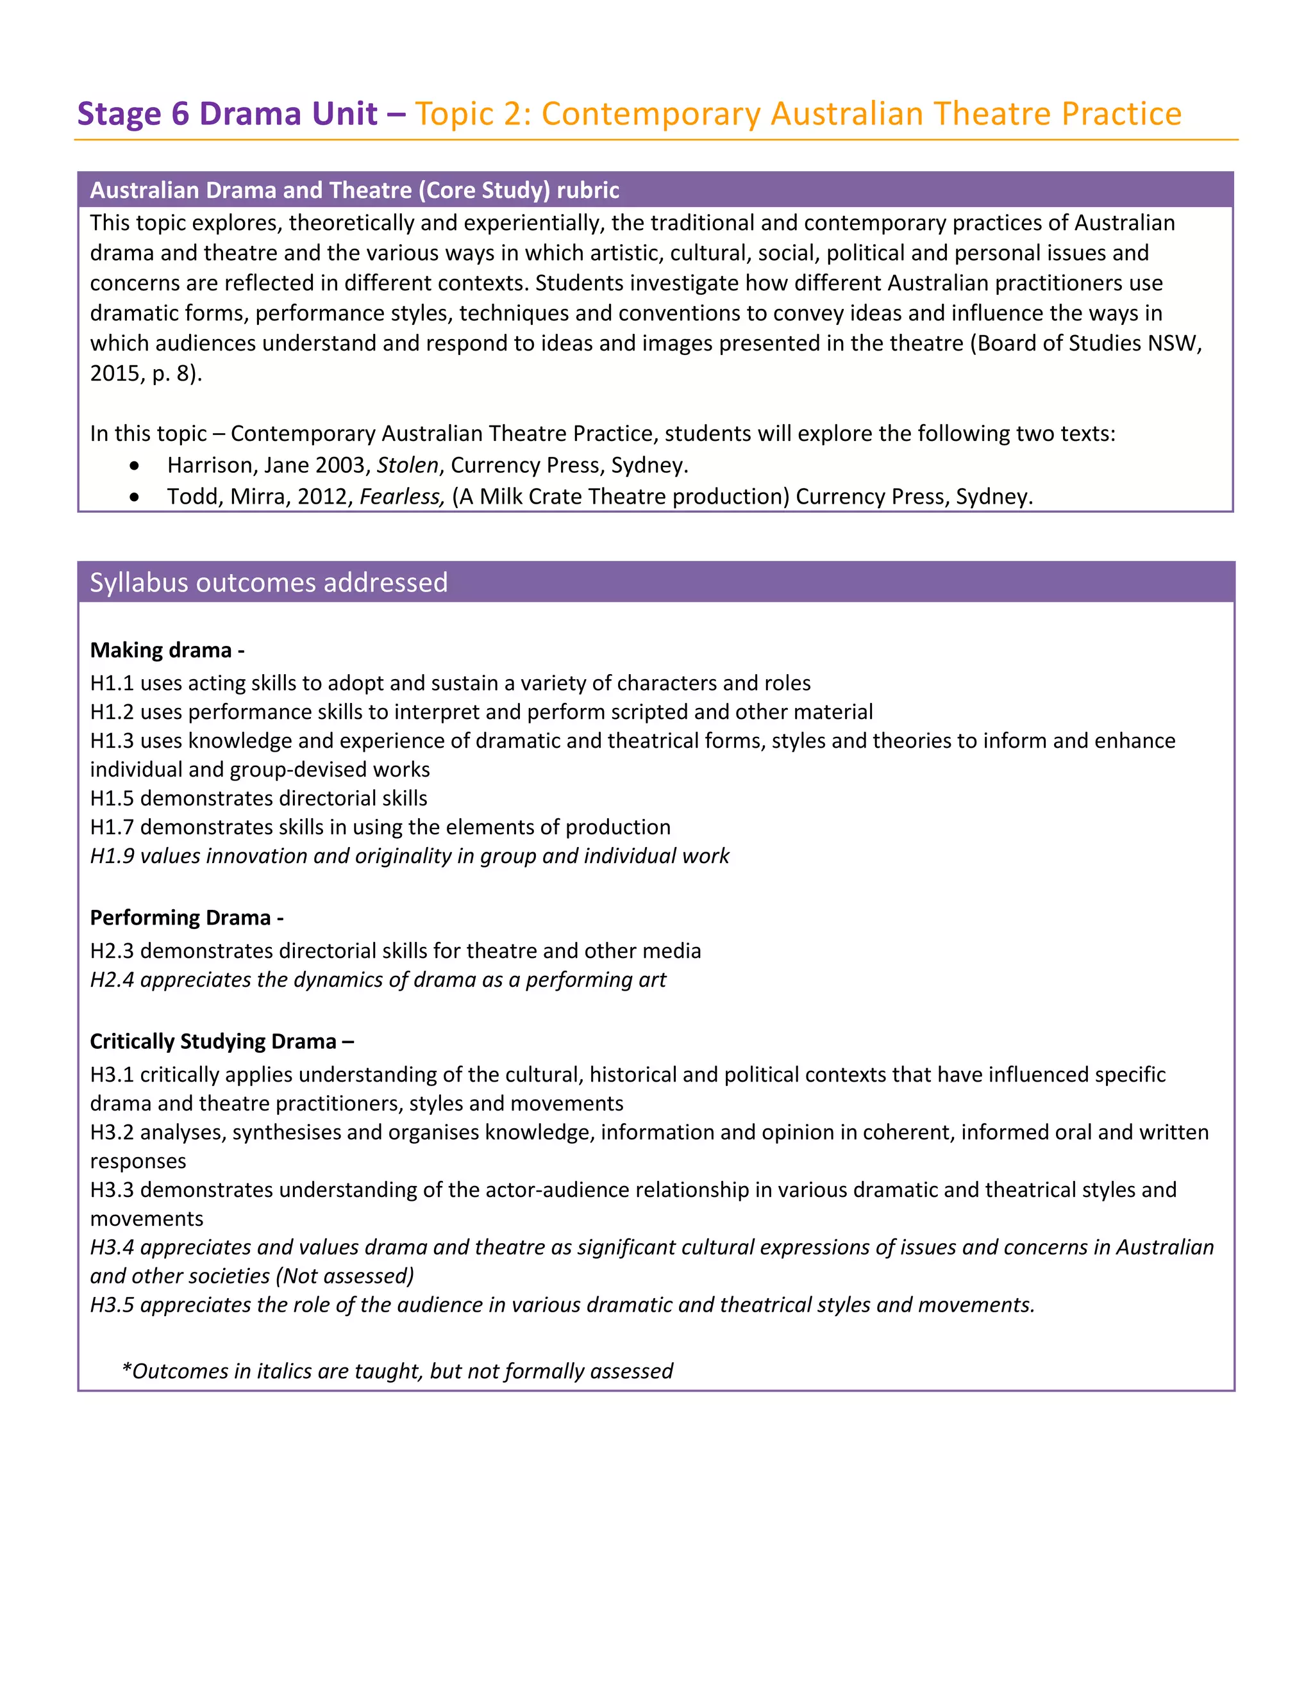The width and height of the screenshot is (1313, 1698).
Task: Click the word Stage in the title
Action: coord(119,114)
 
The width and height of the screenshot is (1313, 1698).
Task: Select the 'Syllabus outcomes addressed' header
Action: coord(269,582)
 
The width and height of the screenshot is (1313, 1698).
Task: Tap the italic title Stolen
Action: coord(407,465)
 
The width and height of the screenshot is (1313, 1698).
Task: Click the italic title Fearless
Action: coord(401,497)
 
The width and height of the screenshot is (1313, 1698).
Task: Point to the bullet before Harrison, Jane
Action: coord(135,466)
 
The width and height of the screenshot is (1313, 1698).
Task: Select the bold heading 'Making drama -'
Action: coord(167,650)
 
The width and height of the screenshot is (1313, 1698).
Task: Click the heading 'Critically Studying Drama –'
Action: coord(222,1041)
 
